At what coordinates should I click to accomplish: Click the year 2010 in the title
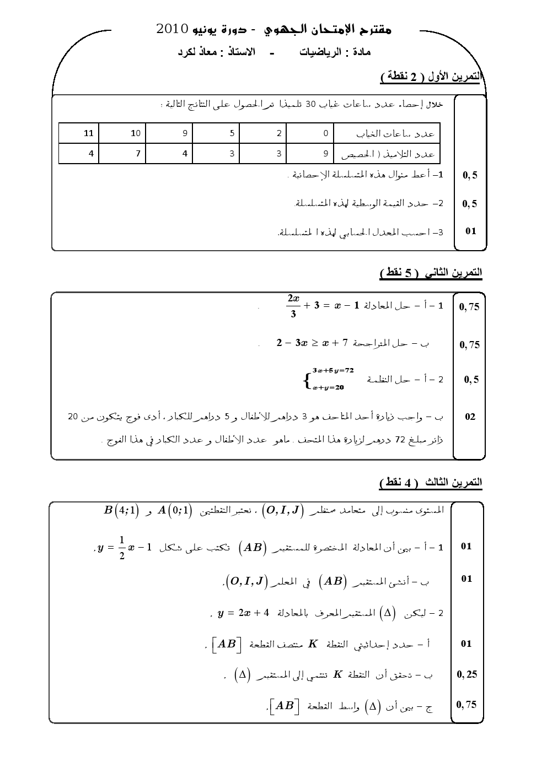click(173, 29)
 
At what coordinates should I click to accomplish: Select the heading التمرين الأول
click(452, 77)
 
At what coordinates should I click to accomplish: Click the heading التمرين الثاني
click(452, 273)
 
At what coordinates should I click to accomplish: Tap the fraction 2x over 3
click(293, 306)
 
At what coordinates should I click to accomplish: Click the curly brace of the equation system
click(306, 380)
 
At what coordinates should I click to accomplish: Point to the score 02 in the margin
click(470, 417)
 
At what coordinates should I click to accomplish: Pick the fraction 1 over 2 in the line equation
click(122, 547)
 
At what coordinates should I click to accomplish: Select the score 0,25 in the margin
click(467, 674)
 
